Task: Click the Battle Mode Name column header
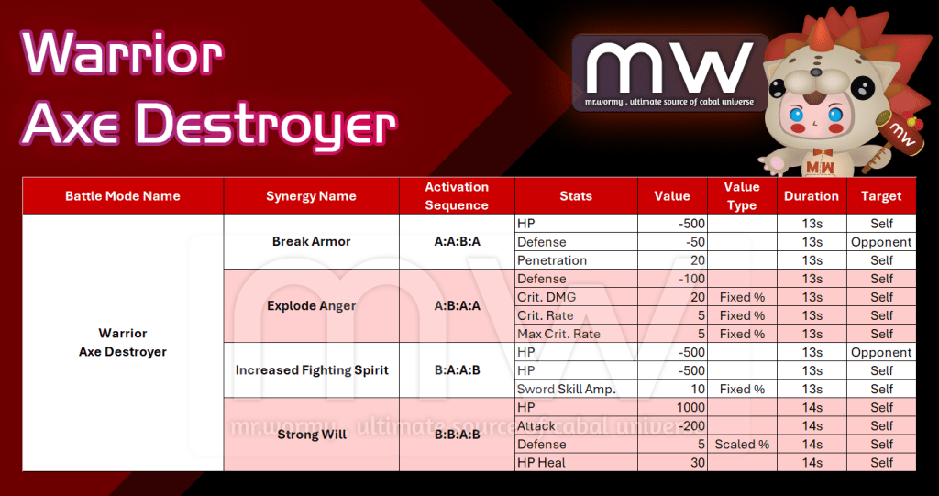click(123, 196)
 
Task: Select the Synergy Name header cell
click(311, 196)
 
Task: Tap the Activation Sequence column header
click(457, 196)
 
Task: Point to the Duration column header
click(812, 196)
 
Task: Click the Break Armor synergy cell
click(312, 241)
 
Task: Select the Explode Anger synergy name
click(312, 306)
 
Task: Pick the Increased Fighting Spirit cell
click(312, 370)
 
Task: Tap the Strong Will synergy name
click(312, 435)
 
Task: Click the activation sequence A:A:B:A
click(457, 241)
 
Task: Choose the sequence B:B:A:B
click(457, 435)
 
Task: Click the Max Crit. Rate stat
click(558, 334)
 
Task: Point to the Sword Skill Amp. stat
click(567, 390)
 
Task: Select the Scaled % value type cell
click(742, 445)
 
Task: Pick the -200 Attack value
click(691, 426)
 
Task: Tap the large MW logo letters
click(668, 67)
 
